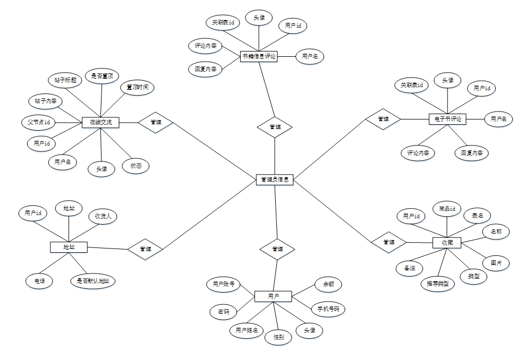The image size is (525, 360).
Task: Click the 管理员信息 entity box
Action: tap(274, 179)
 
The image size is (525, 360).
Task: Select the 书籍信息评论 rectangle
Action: tap(259, 56)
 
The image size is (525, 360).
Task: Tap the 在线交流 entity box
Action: tap(100, 123)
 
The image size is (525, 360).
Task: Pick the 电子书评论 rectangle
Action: tap(447, 119)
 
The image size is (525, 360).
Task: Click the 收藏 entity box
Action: tap(446, 243)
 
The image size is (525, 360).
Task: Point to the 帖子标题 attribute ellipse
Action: tap(65, 80)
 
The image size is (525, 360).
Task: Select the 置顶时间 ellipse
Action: tap(137, 87)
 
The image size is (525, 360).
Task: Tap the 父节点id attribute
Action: tap(38, 123)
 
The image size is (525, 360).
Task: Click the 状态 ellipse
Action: tap(136, 166)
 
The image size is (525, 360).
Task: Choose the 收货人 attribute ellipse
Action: tap(102, 216)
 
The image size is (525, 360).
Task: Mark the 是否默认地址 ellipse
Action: tap(93, 280)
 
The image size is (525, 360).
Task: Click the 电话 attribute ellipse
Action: tap(39, 280)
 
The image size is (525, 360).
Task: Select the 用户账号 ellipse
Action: tap(224, 285)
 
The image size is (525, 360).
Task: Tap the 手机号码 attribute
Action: tap(328, 308)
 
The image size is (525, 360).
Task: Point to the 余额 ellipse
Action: tap(328, 285)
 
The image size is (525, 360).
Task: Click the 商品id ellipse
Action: tap(447, 209)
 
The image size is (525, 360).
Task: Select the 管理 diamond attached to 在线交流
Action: tap(156, 122)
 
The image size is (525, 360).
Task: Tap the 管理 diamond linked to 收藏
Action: tap(389, 243)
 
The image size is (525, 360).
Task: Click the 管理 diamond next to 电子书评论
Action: tap(383, 119)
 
